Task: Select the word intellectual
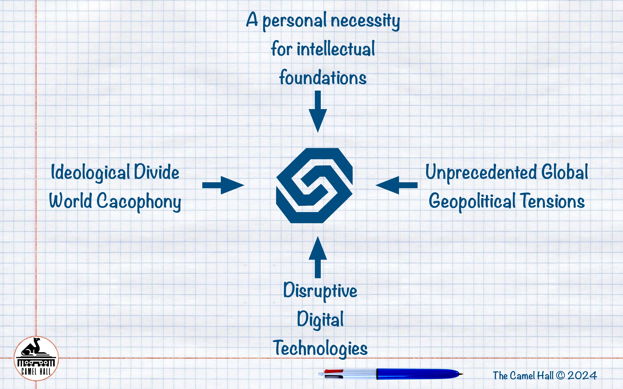point(336,49)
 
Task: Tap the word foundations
point(323,78)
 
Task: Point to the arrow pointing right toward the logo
point(223,185)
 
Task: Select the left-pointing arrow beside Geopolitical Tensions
point(396,185)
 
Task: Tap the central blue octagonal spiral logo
point(314,185)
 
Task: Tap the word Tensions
point(552,201)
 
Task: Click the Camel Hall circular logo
point(36,358)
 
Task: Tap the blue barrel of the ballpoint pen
point(417,374)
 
